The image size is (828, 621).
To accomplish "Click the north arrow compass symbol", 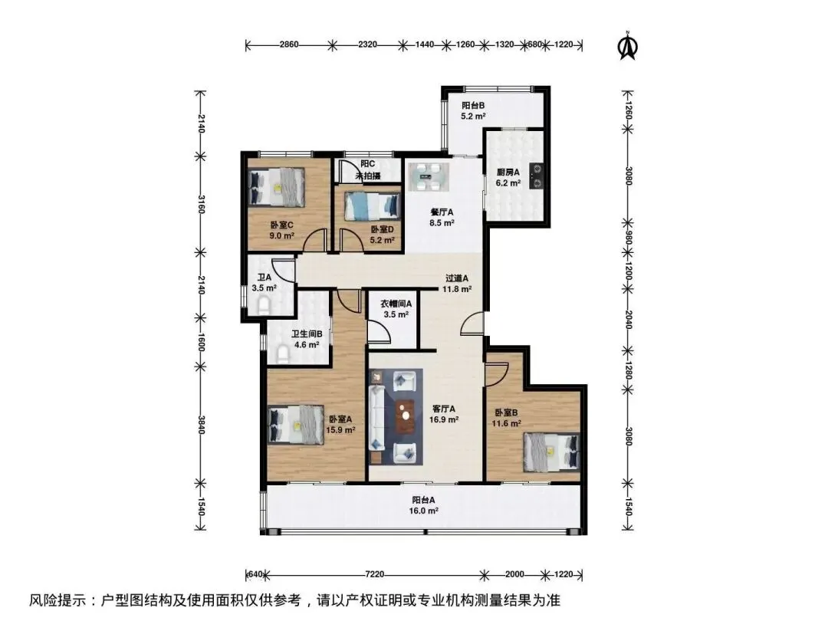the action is [x=628, y=45].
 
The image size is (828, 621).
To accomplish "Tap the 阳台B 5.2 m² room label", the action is [x=473, y=111].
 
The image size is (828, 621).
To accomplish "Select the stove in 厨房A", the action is [x=537, y=176].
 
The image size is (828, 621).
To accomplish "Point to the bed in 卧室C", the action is [x=276, y=187].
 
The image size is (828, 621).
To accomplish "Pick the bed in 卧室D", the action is [x=372, y=206].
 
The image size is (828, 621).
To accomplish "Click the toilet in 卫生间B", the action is [x=283, y=353].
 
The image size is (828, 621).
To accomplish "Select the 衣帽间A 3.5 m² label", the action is [x=396, y=309].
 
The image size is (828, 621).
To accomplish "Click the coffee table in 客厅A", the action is [x=405, y=410].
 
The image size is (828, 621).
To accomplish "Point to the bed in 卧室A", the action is [x=295, y=425].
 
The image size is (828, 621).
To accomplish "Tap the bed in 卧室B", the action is [x=552, y=452].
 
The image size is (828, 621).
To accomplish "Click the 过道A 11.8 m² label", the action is [x=457, y=284].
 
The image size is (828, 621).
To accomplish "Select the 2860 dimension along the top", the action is [x=289, y=44].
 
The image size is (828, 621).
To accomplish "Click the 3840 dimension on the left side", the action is [x=201, y=425].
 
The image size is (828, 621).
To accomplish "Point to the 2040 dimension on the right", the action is [x=629, y=320].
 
